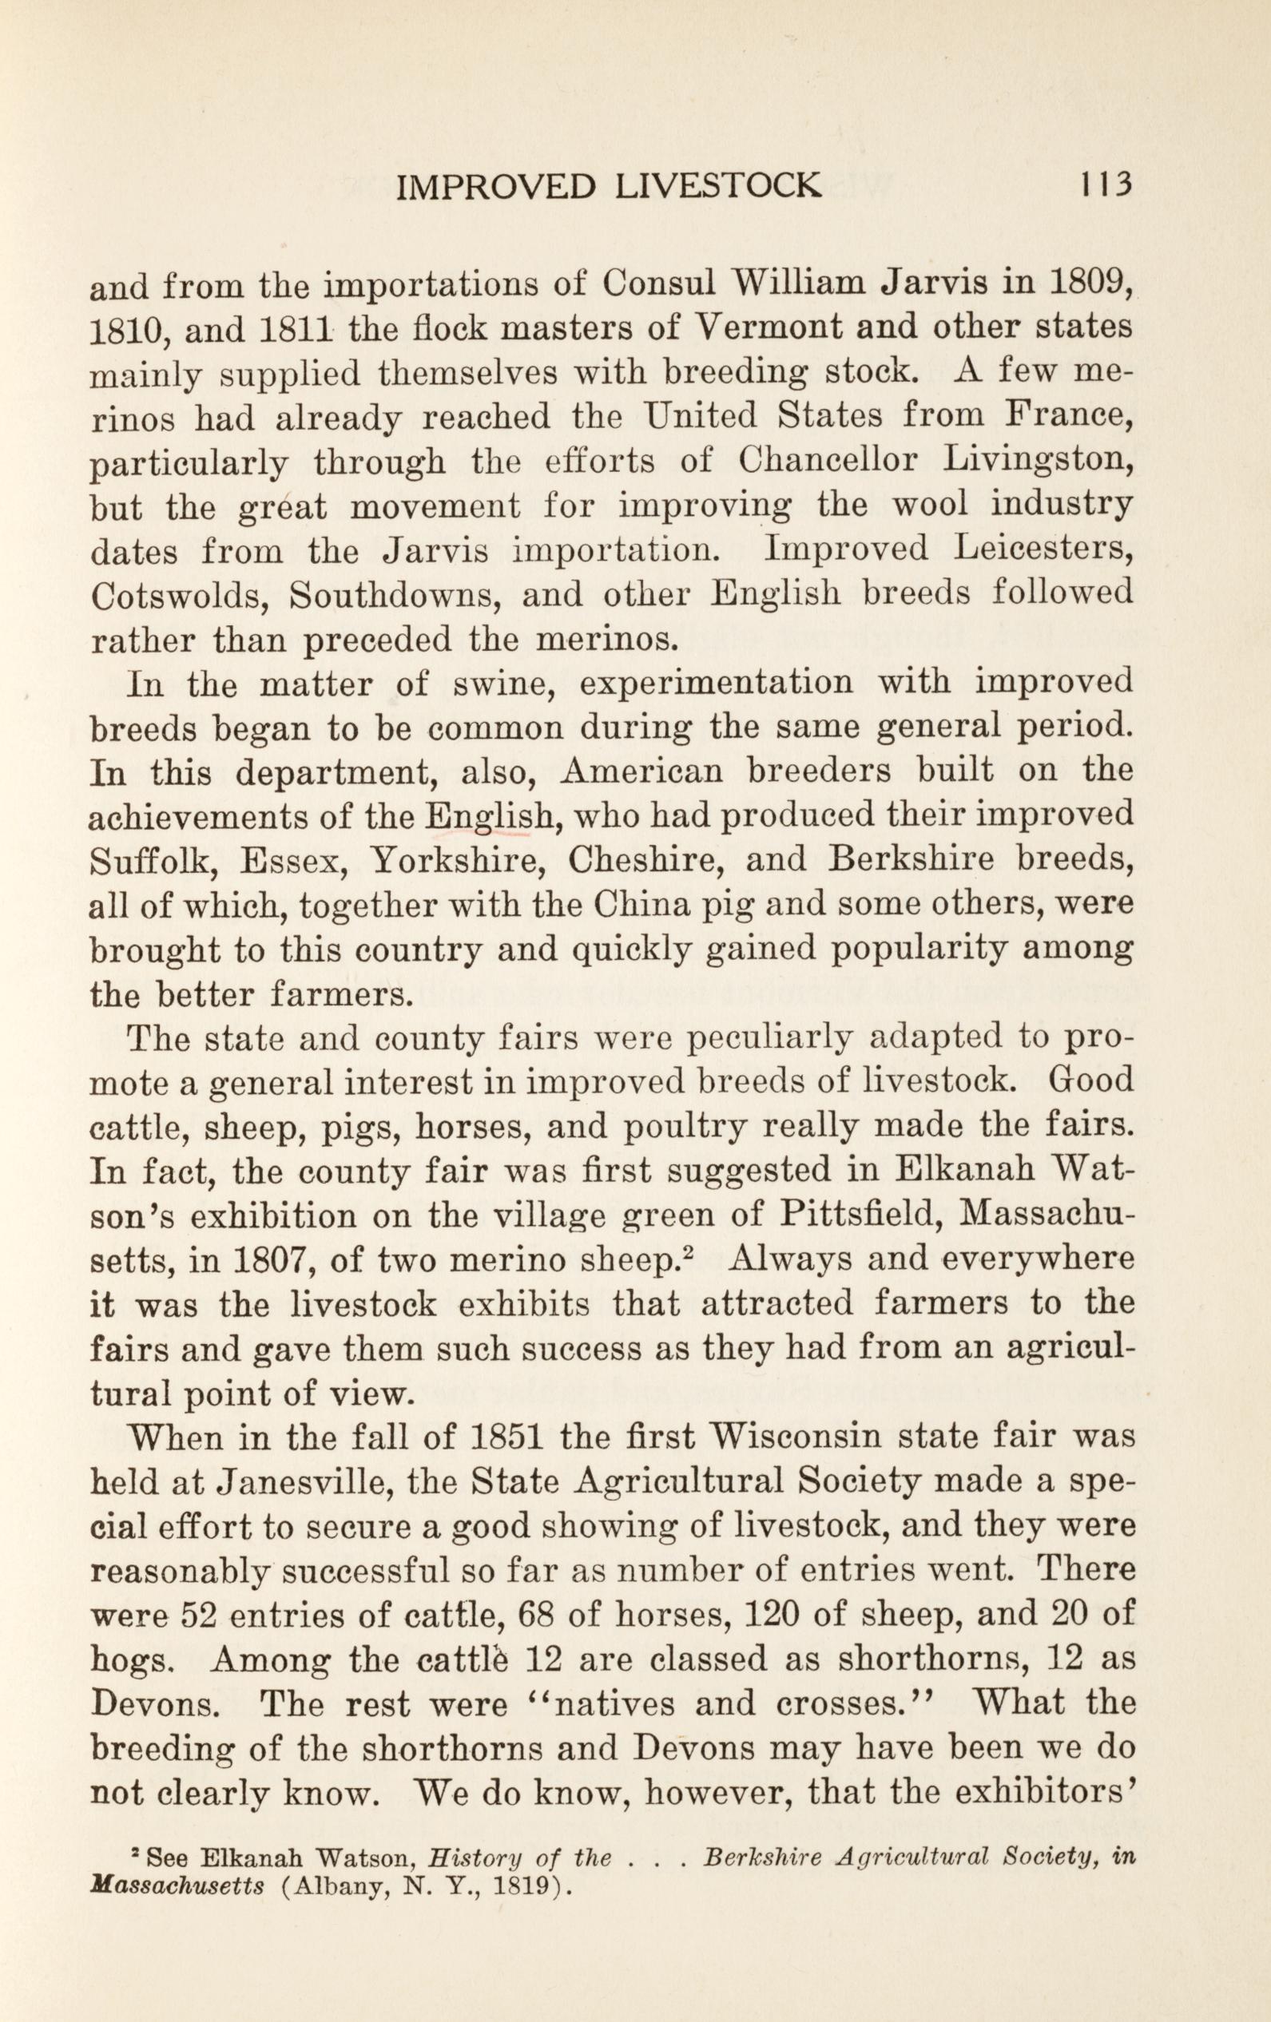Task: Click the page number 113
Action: click(1107, 185)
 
